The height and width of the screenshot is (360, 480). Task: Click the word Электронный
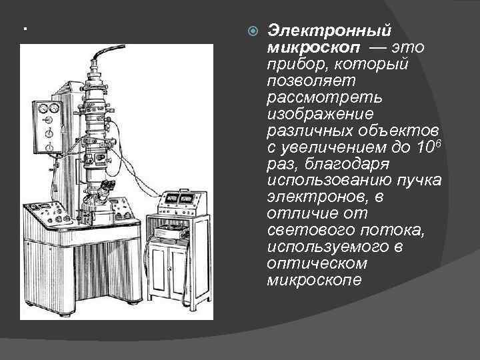click(x=329, y=31)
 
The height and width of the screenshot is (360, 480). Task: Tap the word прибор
click(x=297, y=65)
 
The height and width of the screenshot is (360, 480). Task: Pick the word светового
click(x=302, y=230)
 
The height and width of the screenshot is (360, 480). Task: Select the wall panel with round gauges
click(x=48, y=123)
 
